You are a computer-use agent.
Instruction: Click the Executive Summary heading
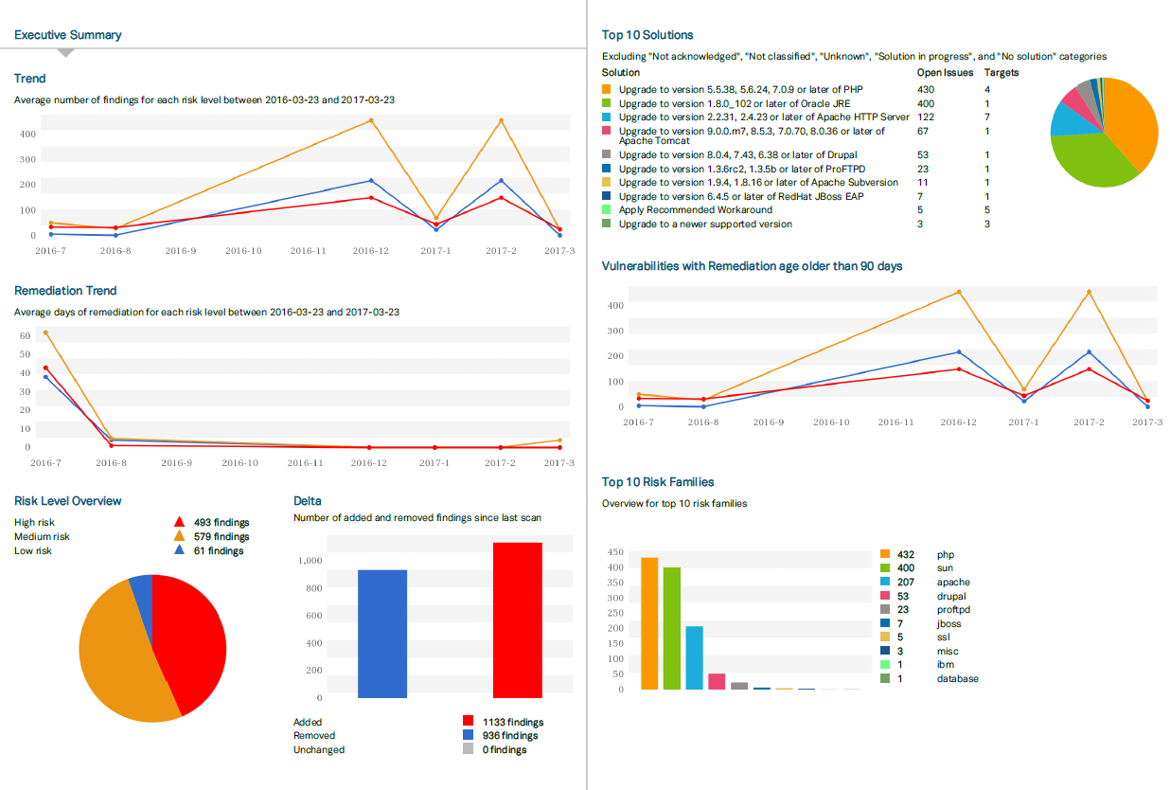67,35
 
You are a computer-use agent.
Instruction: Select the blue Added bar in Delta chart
382,634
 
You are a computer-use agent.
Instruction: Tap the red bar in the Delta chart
518,620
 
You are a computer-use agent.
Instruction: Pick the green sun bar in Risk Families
672,628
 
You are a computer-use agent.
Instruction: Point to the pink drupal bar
717,681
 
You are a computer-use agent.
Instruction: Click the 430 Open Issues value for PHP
926,89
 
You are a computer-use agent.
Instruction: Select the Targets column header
1002,72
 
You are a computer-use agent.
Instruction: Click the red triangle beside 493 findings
179,522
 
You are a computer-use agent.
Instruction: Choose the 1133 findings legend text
513,722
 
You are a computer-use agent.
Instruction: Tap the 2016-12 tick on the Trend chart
369,251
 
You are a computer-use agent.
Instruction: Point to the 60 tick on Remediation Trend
27,335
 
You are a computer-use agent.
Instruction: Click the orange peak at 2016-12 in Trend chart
370,120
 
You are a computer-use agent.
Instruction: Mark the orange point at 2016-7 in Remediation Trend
45,332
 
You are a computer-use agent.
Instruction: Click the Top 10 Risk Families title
658,482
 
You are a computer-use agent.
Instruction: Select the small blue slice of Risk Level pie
141,588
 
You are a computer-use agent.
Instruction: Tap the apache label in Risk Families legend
953,583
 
